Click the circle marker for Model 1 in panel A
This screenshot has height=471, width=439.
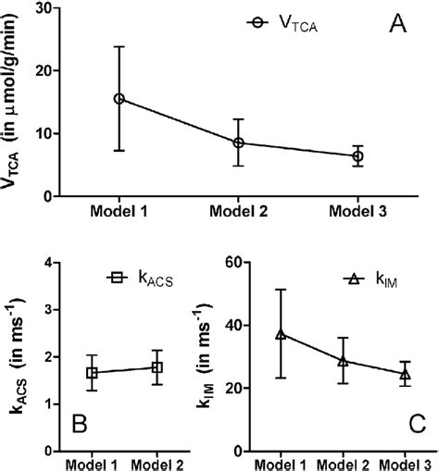119,98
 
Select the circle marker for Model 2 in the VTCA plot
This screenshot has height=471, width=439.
238,143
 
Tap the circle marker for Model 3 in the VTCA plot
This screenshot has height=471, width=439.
357,157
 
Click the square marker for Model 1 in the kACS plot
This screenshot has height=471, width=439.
93,373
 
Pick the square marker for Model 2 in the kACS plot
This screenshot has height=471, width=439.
157,367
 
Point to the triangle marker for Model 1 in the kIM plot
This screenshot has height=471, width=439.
280,334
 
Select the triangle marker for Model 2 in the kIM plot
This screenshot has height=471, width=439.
342,361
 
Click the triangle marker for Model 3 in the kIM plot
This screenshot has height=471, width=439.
404,374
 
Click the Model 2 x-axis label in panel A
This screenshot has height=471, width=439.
238,212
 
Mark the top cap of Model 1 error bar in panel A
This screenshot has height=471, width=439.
119,46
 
